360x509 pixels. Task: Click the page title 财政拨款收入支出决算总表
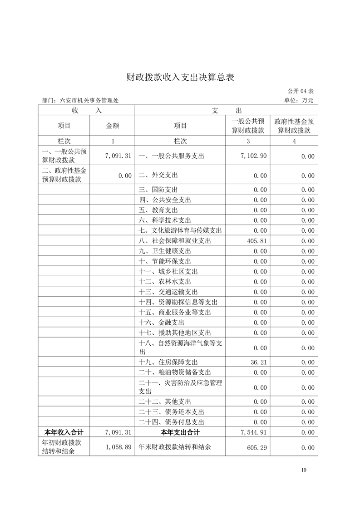180,78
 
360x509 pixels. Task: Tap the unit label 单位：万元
299,100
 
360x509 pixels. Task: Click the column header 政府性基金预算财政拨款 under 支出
294,126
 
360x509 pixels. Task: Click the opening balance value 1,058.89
118,447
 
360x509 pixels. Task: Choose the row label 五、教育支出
158,210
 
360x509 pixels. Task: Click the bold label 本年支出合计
180,432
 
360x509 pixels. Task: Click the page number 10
303,470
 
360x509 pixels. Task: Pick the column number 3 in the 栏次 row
248,141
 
